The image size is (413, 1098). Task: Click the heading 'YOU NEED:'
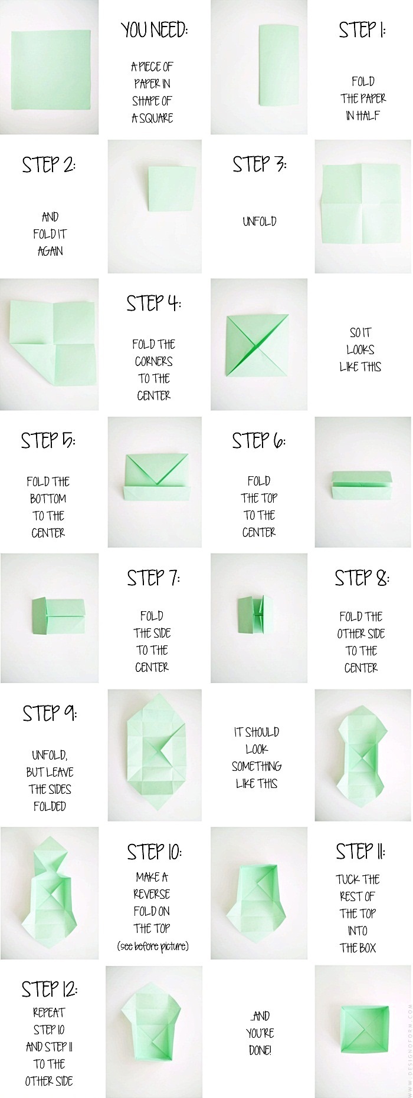(154, 30)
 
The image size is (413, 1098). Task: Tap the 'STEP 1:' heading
(362, 30)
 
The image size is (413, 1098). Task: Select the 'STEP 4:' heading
(153, 304)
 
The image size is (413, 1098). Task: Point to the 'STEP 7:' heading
(153, 578)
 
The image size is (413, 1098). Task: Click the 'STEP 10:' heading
(154, 852)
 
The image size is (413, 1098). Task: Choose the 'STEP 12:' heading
(49, 989)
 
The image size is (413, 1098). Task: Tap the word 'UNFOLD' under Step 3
(260, 222)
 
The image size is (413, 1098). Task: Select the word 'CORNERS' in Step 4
(154, 361)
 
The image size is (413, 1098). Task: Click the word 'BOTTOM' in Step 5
(48, 499)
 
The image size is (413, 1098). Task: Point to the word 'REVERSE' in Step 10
(152, 894)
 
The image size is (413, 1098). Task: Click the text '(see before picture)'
(153, 947)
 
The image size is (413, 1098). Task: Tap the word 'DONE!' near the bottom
(260, 1050)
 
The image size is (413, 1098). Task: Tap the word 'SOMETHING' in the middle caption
(257, 766)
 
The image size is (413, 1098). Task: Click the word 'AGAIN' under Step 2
(50, 251)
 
